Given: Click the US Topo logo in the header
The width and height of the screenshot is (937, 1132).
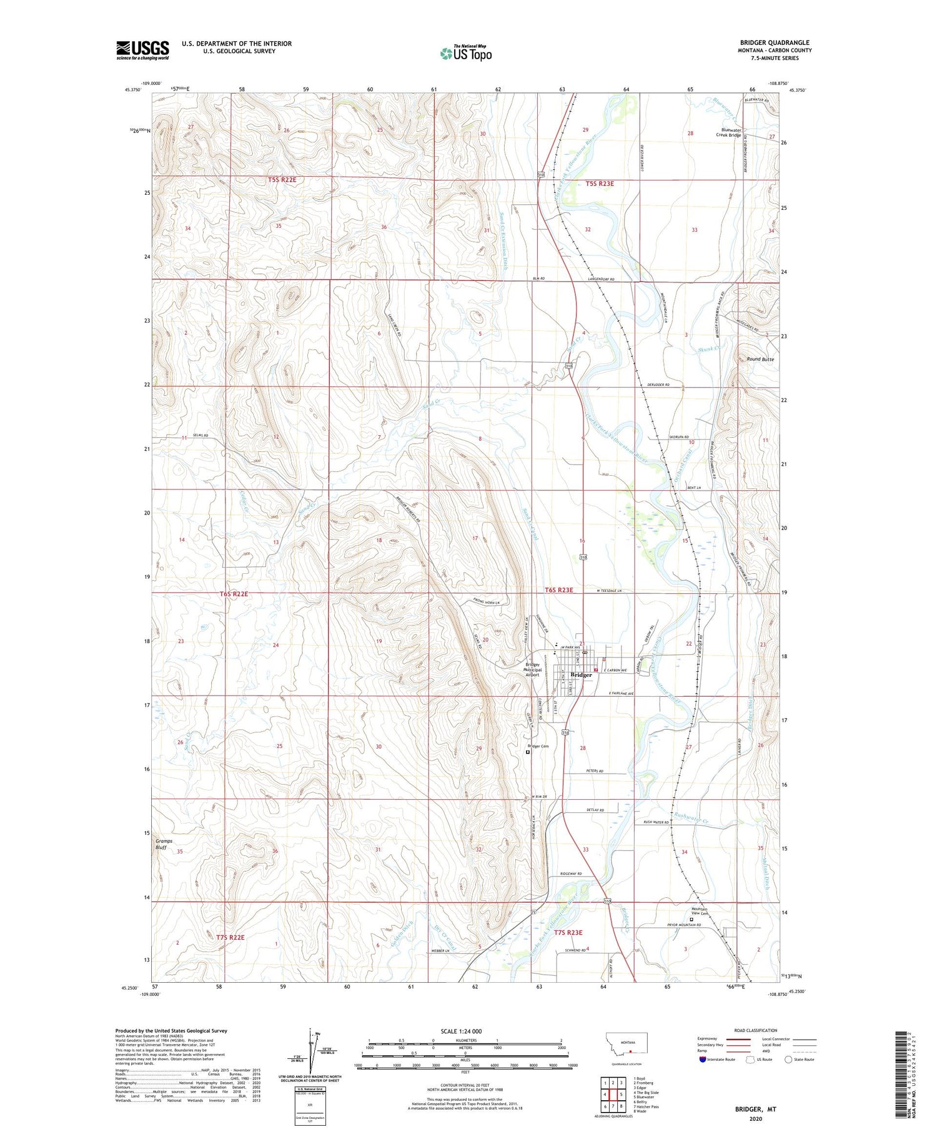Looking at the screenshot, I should coord(465,54).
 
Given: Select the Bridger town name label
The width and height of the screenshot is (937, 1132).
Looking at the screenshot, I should coord(581,675).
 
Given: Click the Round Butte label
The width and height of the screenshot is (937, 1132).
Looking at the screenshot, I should coord(760,360).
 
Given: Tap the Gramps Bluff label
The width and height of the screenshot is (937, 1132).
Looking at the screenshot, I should coord(164,844).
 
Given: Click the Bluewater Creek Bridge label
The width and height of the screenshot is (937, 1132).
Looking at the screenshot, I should coord(728,133).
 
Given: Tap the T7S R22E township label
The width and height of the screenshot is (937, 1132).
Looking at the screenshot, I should coord(231,937).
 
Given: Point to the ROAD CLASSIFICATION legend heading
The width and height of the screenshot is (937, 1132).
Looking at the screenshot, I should coord(755,1030).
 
